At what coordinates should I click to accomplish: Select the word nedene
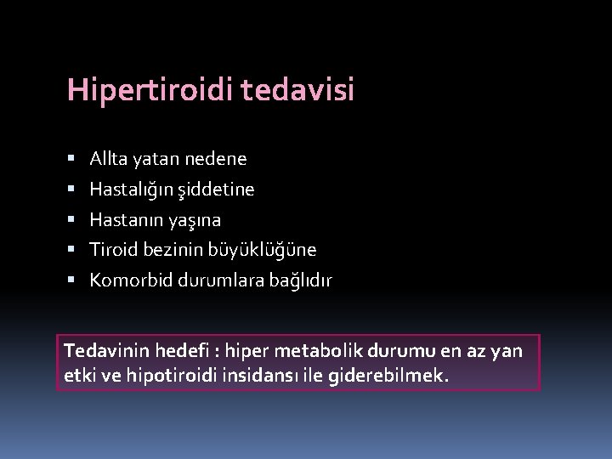pos(218,159)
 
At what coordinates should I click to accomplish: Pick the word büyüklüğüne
pos(268,250)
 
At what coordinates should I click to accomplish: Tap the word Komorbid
pos(131,280)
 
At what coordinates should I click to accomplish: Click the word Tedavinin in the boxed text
pos(104,350)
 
